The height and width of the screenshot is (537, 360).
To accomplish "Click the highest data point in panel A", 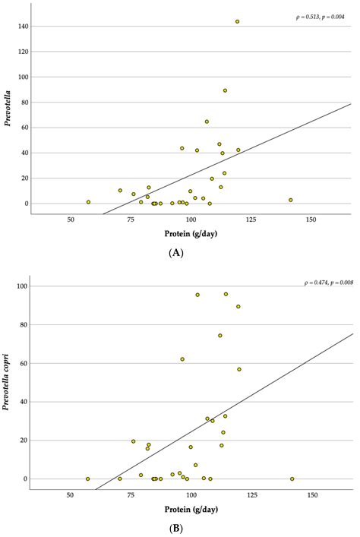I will pos(237,22).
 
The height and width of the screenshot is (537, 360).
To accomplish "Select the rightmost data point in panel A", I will pos(291,200).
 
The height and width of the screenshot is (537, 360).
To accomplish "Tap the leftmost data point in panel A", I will pos(88,202).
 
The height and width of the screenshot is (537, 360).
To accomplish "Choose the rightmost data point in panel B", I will pos(292,479).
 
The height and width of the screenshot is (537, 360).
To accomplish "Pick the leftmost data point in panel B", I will pos(88,479).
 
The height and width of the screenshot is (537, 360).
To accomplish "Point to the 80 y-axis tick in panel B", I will pos(24,325).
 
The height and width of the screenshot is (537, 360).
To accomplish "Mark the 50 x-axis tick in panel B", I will pos(70,495).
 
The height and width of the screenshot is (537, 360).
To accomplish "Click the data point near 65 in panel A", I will pos(207,122).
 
